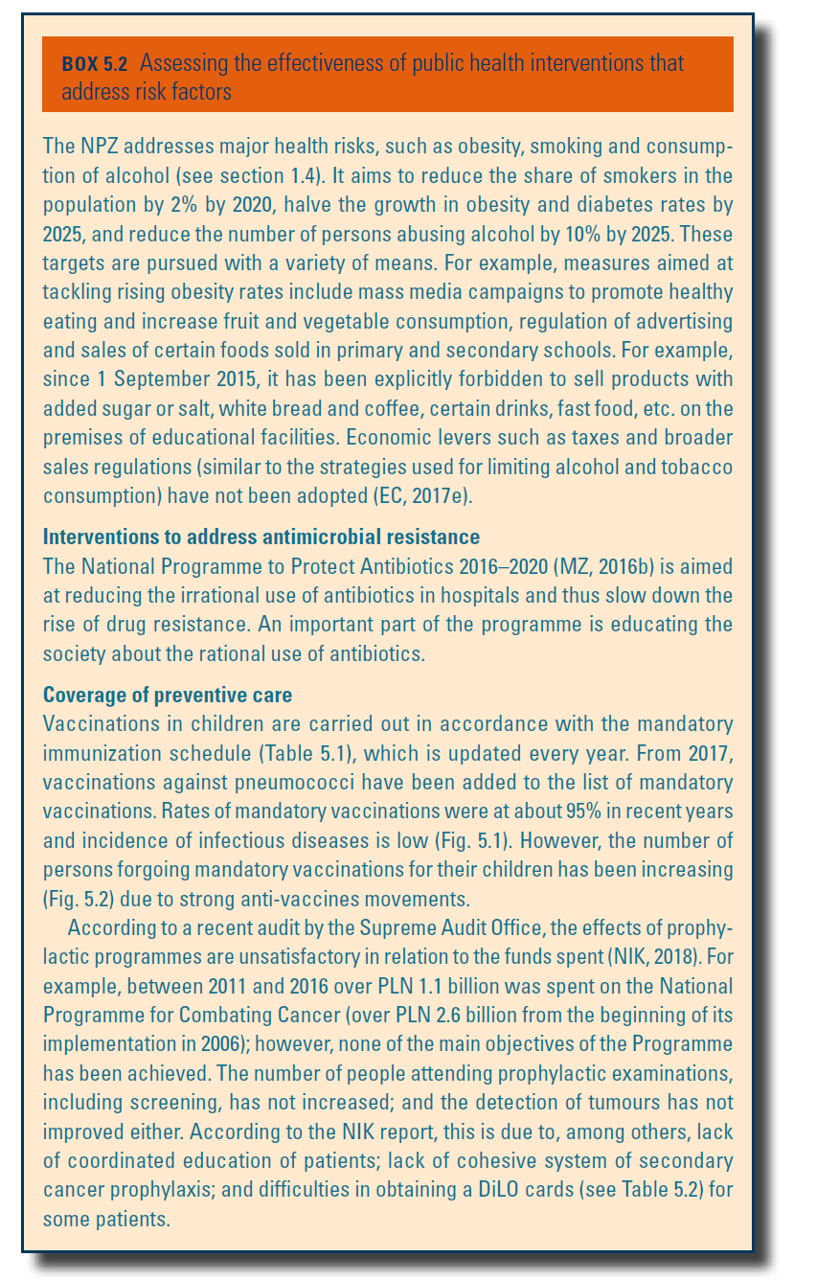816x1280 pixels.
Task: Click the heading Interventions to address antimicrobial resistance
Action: click(261, 536)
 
